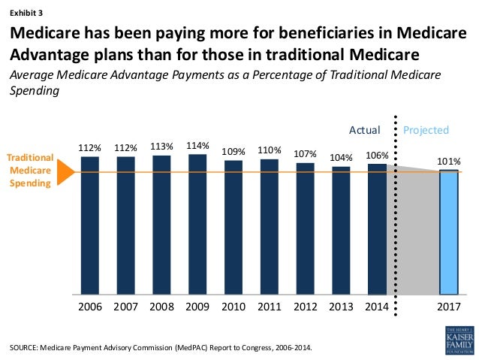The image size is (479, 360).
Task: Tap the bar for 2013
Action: coord(341,230)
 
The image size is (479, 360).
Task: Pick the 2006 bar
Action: coord(90,225)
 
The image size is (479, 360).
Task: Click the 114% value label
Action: coord(197,145)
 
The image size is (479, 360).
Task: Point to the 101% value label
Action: coord(448,161)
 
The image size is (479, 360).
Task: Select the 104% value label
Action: coord(341,158)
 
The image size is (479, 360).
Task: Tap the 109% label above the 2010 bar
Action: coord(233,151)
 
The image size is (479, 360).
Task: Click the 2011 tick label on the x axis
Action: coord(269,307)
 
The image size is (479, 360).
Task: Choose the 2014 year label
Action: coord(377,307)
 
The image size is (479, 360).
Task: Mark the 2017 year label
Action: coord(448,307)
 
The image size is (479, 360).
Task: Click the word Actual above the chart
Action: coord(365,130)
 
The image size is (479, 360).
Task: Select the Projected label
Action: coord(426,130)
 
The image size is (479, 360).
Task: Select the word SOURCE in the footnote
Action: coord(24,346)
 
